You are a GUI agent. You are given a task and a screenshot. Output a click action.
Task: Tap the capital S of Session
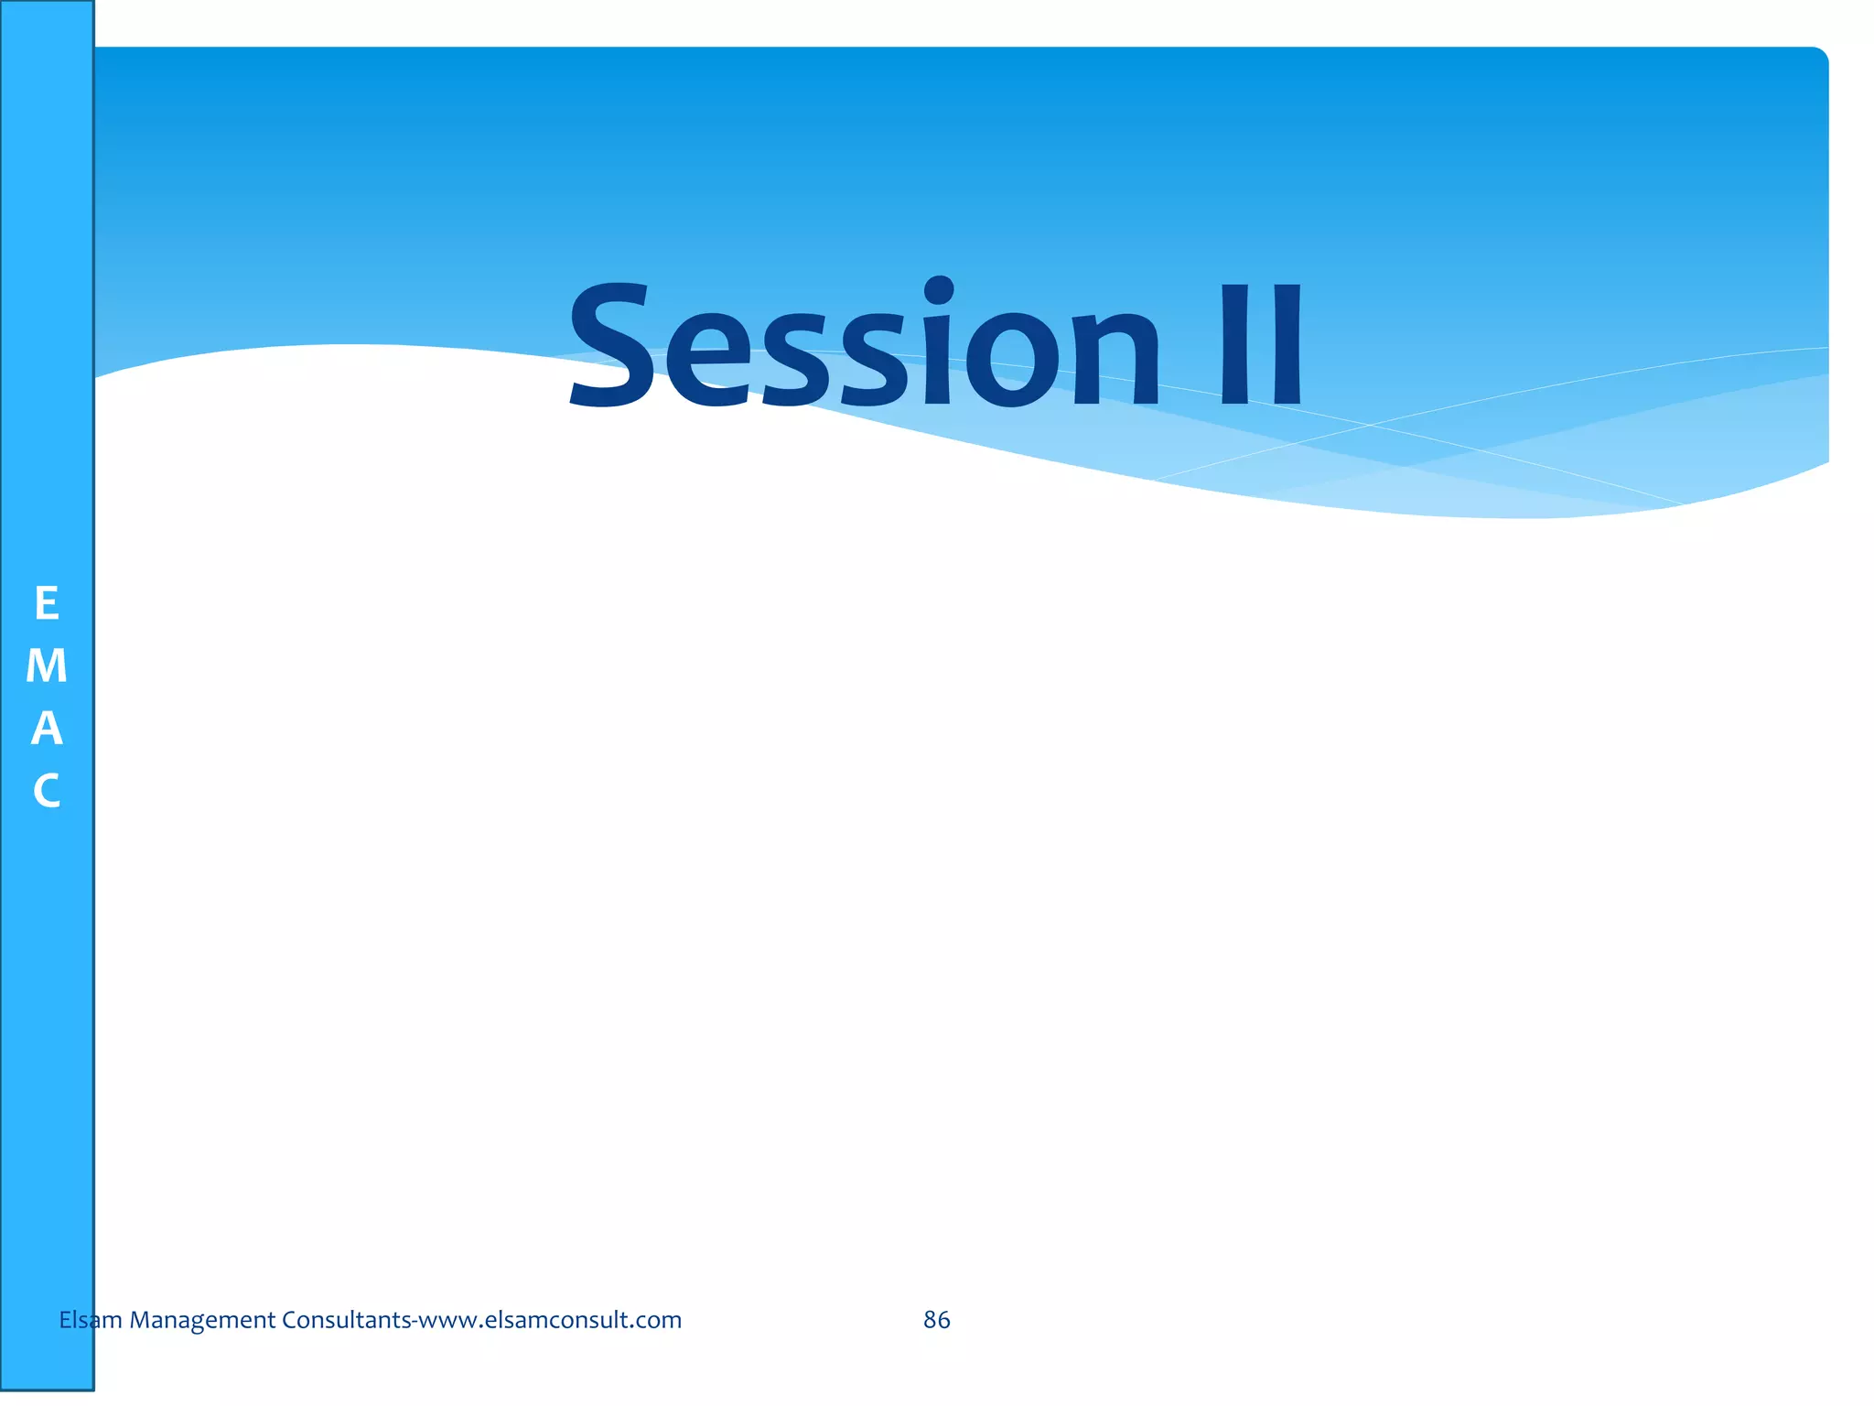[x=611, y=346]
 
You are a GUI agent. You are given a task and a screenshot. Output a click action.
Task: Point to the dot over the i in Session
[x=939, y=292]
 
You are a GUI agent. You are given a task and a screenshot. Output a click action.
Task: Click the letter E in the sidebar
[x=47, y=604]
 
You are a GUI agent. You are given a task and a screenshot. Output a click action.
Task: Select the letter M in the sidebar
[x=47, y=666]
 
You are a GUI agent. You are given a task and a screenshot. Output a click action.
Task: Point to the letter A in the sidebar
[x=47, y=729]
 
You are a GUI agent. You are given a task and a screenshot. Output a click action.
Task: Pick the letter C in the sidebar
[x=47, y=791]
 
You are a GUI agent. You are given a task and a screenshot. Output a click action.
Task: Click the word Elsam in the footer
[x=90, y=1320]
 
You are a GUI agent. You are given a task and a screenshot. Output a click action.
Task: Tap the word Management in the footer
[x=202, y=1320]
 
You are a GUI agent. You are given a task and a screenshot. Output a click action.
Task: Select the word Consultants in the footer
[x=346, y=1320]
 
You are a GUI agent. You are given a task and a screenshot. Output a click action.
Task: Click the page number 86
[x=936, y=1320]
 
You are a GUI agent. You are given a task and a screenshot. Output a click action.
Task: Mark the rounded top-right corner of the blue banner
[x=1820, y=56]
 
